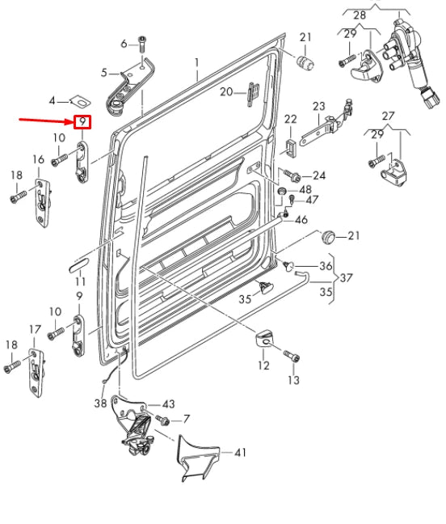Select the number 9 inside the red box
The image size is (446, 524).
pyautogui.click(x=82, y=123)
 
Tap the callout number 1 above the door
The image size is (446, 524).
pyautogui.click(x=195, y=62)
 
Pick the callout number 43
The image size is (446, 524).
pyautogui.click(x=167, y=404)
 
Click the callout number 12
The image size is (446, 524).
pyautogui.click(x=263, y=366)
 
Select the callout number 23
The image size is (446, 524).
pyautogui.click(x=318, y=106)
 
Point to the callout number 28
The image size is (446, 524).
pyautogui.click(x=360, y=15)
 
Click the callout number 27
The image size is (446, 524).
pyautogui.click(x=388, y=115)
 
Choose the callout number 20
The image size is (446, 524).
pyautogui.click(x=225, y=91)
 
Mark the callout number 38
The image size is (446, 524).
pyautogui.click(x=100, y=403)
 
